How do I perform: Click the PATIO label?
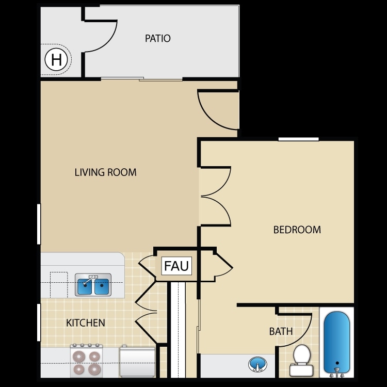[x=158, y=39]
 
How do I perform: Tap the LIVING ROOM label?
[x=106, y=172]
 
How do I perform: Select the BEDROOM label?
[x=297, y=230]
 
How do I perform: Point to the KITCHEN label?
[x=86, y=323]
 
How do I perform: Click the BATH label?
[x=281, y=331]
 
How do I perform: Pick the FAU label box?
[x=176, y=266]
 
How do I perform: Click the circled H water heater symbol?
[x=56, y=59]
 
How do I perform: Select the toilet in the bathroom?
[x=301, y=360]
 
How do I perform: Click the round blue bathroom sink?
[x=257, y=364]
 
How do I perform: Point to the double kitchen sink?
[x=93, y=285]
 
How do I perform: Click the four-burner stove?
[x=86, y=361]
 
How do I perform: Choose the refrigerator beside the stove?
[x=137, y=362]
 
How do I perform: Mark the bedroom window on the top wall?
[x=299, y=139]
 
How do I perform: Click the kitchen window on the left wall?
[x=39, y=322]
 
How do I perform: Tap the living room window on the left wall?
[x=39, y=224]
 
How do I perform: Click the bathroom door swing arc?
[x=303, y=338]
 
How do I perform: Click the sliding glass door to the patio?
[x=141, y=79]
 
